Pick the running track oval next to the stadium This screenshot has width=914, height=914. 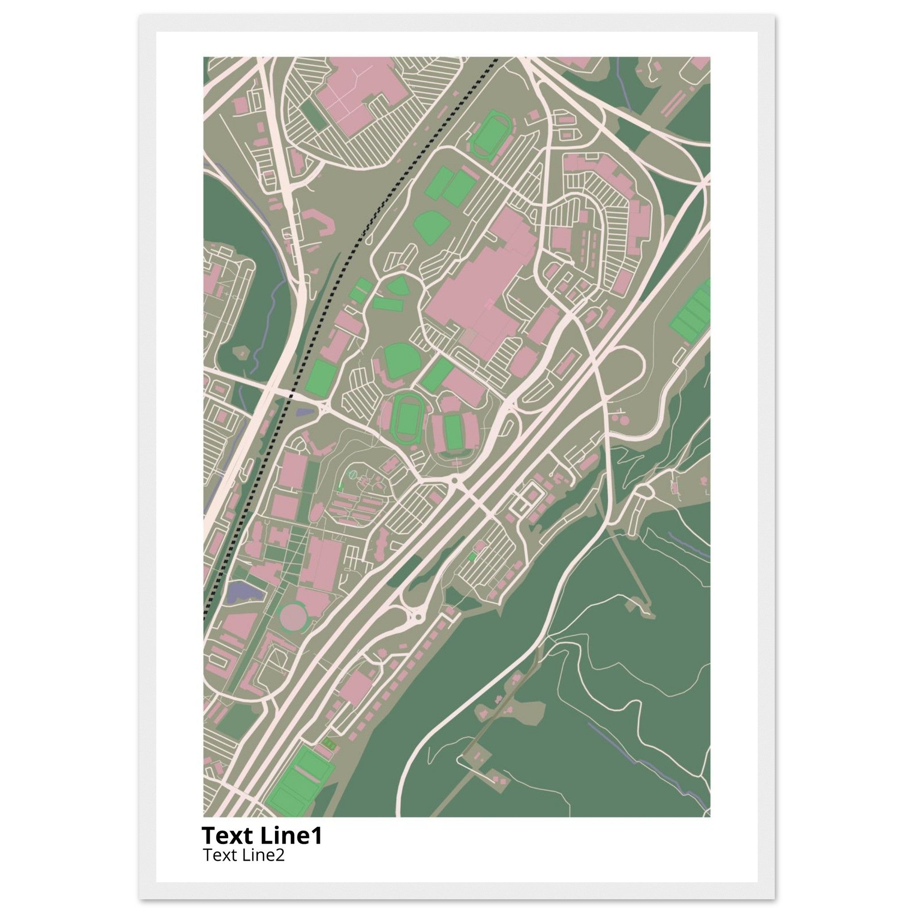(405, 415)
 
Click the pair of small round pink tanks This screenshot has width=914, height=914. (620, 418)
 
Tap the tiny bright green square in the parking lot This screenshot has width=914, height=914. (471, 558)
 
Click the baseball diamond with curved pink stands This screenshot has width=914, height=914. (396, 361)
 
